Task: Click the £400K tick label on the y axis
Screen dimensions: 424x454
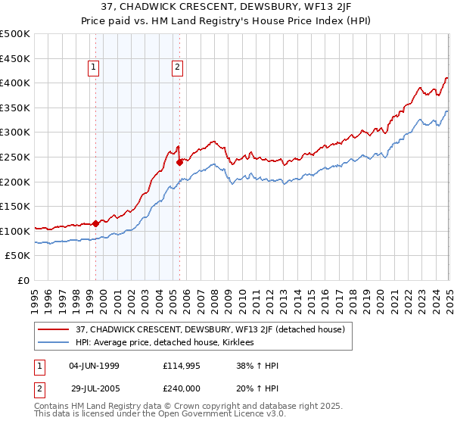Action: [15, 83]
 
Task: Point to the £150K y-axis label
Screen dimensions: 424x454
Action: [15, 206]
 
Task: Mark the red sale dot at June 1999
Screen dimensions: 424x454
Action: [96, 223]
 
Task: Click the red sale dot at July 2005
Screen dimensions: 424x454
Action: [180, 161]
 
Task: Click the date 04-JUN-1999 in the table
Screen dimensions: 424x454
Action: [94, 366]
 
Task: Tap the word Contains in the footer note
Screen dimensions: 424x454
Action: [53, 407]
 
